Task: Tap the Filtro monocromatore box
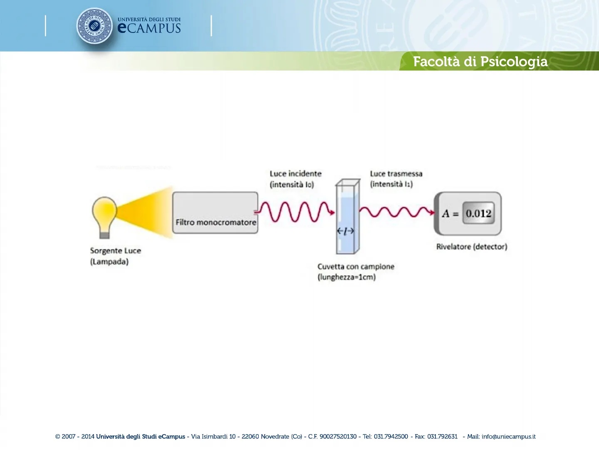215,212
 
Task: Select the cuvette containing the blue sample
347,217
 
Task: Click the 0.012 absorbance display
478,213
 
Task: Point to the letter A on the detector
446,214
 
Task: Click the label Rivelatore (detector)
471,247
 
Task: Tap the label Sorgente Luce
115,251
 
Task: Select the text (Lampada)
109,262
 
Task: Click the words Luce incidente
295,174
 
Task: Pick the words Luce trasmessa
396,174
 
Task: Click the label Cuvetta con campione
356,267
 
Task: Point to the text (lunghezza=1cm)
347,277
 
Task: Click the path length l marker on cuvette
345,230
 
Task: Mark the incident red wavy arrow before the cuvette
295,212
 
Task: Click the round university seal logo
94,26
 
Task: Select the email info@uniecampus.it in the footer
508,437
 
